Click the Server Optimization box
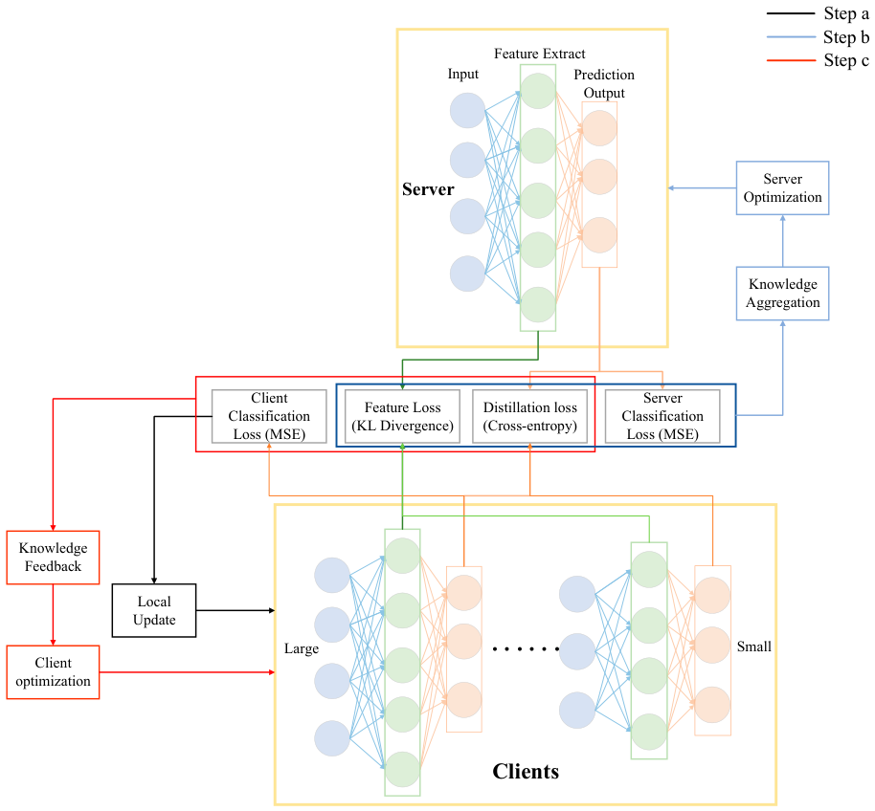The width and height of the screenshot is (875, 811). tap(782, 187)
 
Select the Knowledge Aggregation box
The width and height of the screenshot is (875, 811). tap(782, 294)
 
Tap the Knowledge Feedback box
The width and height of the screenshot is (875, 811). tap(53, 558)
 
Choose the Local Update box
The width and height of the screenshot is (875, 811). tap(154, 610)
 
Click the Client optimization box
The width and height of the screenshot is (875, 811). tap(53, 672)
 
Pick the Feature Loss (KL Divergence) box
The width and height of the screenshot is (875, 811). tap(402, 416)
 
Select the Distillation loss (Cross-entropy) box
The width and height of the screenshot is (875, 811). tap(530, 416)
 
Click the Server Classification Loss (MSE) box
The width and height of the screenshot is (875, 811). tap(662, 416)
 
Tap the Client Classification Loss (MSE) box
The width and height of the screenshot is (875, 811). tap(269, 416)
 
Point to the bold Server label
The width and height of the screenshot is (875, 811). tap(428, 189)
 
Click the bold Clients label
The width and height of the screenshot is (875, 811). tap(526, 772)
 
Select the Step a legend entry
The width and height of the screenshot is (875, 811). tap(819, 13)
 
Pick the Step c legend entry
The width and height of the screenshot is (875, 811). tap(819, 60)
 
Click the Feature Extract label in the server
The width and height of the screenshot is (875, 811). tap(540, 54)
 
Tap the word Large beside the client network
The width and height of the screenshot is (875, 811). tap(302, 648)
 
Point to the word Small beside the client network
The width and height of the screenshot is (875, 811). tap(754, 647)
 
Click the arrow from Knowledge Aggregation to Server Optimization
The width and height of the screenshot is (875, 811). tap(783, 241)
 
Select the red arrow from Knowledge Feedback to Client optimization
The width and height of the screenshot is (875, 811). tap(53, 615)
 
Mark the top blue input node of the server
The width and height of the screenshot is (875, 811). tap(467, 110)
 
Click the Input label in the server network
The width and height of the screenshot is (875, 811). tap(463, 75)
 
